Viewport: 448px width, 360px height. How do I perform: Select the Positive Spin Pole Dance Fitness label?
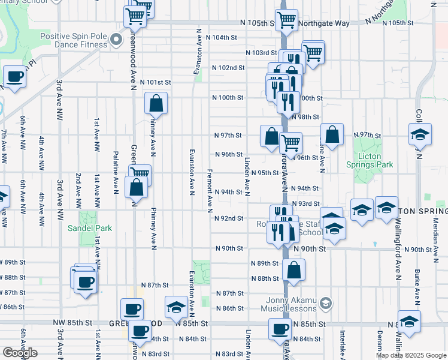point(73,40)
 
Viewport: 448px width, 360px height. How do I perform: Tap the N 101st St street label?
point(156,82)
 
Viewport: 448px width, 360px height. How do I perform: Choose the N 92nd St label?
point(229,218)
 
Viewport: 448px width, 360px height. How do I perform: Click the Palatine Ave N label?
point(116,172)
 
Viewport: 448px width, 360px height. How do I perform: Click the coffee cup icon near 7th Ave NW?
point(14,77)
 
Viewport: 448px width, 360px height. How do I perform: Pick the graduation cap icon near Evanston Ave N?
point(176,308)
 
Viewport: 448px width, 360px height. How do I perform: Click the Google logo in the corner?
point(19,353)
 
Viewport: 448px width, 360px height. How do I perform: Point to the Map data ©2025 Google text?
point(411,355)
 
